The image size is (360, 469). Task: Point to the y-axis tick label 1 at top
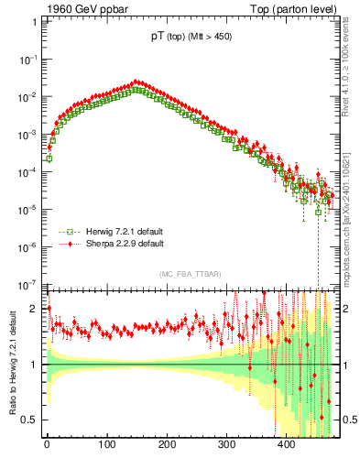click(34, 20)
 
